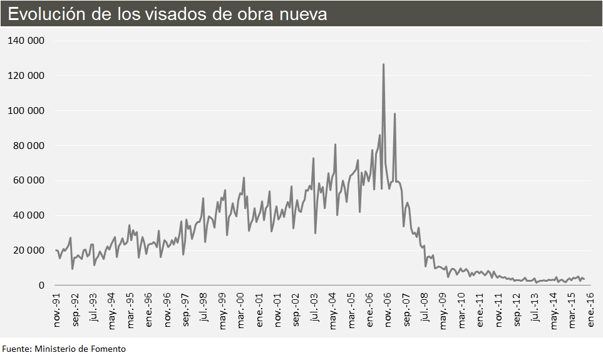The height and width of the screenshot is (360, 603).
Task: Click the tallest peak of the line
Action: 383,64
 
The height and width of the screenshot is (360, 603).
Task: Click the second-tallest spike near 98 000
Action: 394,114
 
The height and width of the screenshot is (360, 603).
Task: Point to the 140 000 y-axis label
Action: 26,41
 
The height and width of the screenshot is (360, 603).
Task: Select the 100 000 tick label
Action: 26,111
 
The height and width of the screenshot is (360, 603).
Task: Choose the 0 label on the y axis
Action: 41,285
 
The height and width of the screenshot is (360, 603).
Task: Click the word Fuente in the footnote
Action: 15,349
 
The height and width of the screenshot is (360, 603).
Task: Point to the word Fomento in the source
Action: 108,349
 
